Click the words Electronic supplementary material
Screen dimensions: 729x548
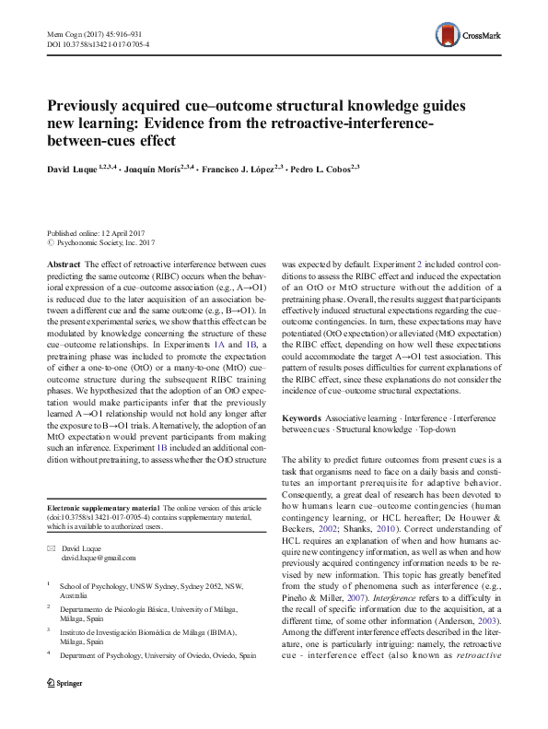click(x=102, y=508)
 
